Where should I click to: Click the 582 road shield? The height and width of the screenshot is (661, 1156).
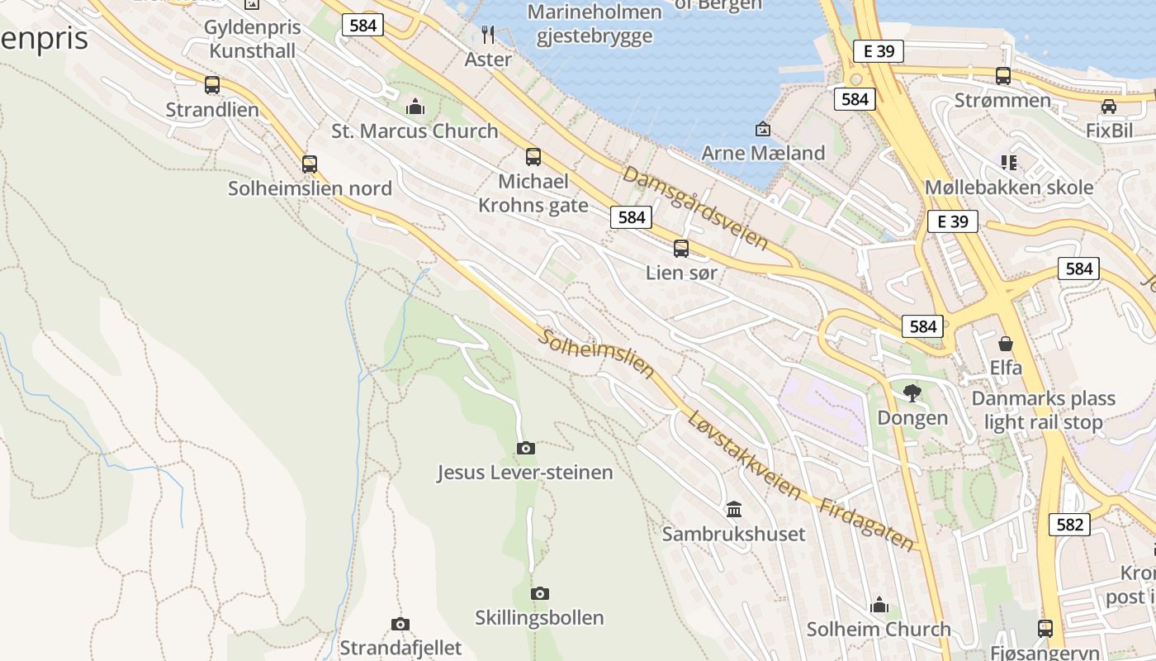pyautogui.click(x=1069, y=524)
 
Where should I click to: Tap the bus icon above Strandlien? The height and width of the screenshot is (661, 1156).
pyautogui.click(x=212, y=84)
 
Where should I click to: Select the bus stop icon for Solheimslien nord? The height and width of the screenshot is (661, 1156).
pyautogui.click(x=310, y=164)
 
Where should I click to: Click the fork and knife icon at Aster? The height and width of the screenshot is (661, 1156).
pyautogui.click(x=488, y=34)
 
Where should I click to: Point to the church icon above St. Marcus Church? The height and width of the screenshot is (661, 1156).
pyautogui.click(x=415, y=106)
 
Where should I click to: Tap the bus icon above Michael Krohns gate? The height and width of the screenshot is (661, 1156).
pyautogui.click(x=533, y=156)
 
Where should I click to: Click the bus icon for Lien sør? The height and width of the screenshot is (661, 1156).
pyautogui.click(x=681, y=248)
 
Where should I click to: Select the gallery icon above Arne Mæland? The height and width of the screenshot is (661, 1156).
pyautogui.click(x=763, y=128)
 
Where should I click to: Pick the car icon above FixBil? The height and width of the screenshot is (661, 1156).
pyautogui.click(x=1109, y=106)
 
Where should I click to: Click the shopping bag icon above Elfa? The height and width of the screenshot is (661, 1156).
pyautogui.click(x=1006, y=343)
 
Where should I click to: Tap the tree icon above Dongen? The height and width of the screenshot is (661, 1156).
pyautogui.click(x=912, y=392)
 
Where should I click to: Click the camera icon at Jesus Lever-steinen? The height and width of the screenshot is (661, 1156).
pyautogui.click(x=525, y=448)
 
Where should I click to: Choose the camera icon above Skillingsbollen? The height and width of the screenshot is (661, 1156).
pyautogui.click(x=540, y=593)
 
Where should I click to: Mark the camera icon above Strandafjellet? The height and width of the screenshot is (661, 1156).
pyautogui.click(x=400, y=624)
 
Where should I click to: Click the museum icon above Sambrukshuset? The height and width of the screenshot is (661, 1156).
pyautogui.click(x=734, y=509)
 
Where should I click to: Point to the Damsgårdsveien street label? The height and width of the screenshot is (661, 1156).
pyautogui.click(x=695, y=208)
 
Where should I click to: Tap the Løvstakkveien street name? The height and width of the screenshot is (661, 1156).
pyautogui.click(x=744, y=455)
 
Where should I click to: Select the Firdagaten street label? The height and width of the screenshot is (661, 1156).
pyautogui.click(x=867, y=525)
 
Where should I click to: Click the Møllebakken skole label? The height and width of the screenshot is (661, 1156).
pyautogui.click(x=1009, y=187)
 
